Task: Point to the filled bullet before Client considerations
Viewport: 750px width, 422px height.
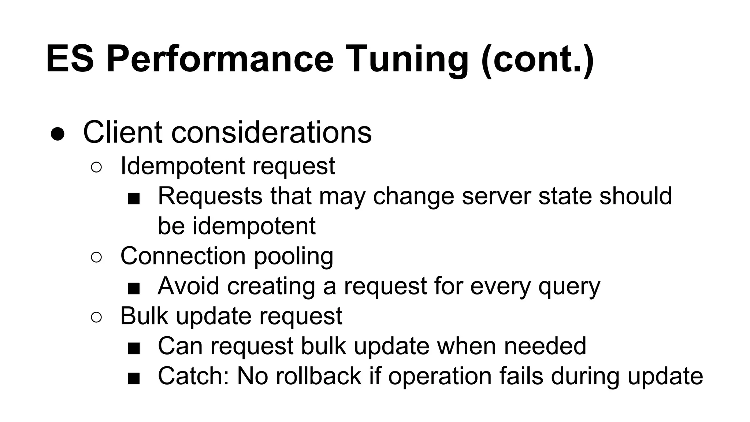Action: (58, 134)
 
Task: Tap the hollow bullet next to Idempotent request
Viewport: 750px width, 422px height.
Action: (96, 167)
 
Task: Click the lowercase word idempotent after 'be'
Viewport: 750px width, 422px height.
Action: (254, 226)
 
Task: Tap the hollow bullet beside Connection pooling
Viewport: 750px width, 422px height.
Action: (96, 257)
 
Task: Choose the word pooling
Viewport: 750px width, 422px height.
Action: (293, 256)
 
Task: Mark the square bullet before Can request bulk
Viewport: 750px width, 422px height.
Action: (134, 349)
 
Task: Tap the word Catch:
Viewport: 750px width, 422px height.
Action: (193, 376)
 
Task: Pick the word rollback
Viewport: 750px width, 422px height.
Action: (319, 376)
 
